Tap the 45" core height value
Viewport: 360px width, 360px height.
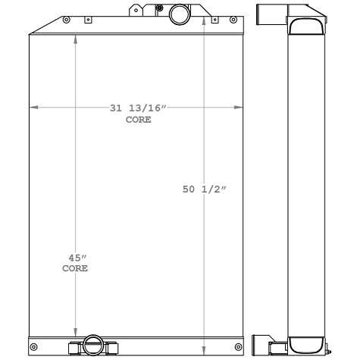pyautogui.click(x=74, y=258)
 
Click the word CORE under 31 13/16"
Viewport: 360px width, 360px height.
pyautogui.click(x=138, y=120)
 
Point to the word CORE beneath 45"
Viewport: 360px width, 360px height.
pyautogui.click(x=74, y=269)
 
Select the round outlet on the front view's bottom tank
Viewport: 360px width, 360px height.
pyautogui.click(x=94, y=345)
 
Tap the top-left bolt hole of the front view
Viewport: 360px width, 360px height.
pyautogui.click(x=67, y=19)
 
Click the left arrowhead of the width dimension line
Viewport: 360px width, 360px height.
pyautogui.click(x=33, y=108)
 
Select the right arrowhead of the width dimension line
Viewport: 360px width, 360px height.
pyautogui.click(x=240, y=108)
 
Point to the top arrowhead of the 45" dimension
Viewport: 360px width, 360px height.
pyautogui.click(x=75, y=38)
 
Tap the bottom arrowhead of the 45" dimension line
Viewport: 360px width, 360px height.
pyautogui.click(x=75, y=332)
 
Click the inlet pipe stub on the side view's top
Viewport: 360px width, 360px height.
pyautogui.click(x=268, y=14)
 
